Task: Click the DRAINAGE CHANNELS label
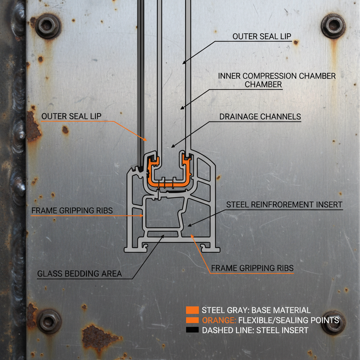pyautogui.click(x=260, y=117)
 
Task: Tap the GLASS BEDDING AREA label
pyautogui.click(x=79, y=274)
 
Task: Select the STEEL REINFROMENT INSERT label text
pyautogui.click(x=284, y=204)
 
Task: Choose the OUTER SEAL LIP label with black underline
pyautogui.click(x=262, y=36)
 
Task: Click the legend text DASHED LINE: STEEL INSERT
pyautogui.click(x=255, y=330)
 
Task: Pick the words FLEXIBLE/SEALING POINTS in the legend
pyautogui.click(x=288, y=320)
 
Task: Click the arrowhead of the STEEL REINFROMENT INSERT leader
pyautogui.click(x=188, y=225)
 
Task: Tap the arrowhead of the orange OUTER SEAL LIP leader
pyautogui.click(x=146, y=140)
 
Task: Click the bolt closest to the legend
pyautogui.click(x=333, y=322)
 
